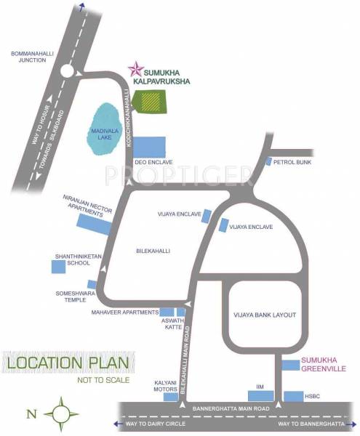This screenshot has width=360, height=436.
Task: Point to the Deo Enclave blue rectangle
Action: coord(149,147)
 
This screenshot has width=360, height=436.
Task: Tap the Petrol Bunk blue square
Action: coord(268,161)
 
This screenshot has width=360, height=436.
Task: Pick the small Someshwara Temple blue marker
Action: coord(92,284)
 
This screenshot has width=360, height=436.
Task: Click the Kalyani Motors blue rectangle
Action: coord(170,397)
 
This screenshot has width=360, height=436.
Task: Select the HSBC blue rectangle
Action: coord(293,396)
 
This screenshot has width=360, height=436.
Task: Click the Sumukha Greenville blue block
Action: coord(291,364)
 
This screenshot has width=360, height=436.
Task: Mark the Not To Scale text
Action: coord(103,379)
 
